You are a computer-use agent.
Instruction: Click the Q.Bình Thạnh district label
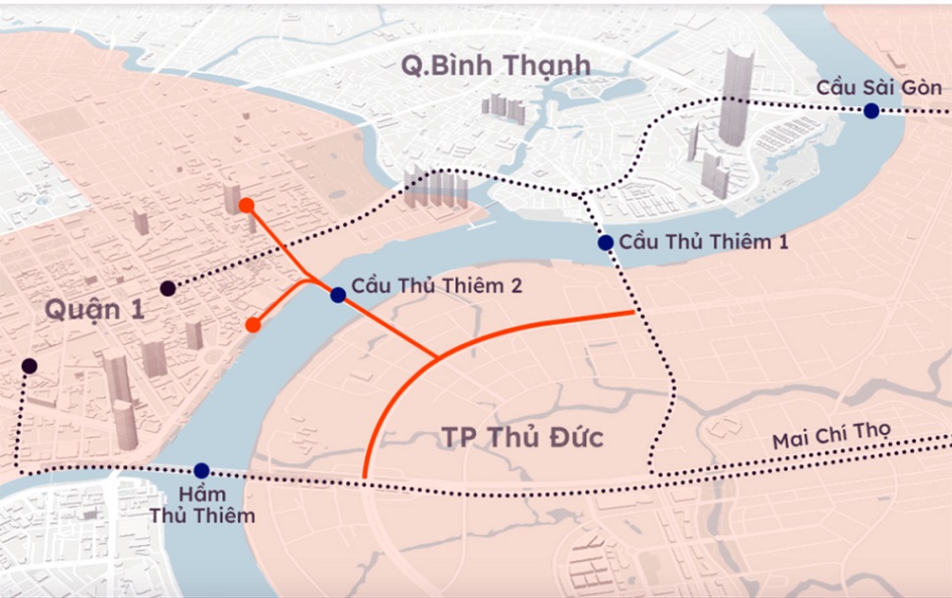(x=495, y=66)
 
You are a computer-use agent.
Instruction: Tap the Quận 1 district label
(x=94, y=310)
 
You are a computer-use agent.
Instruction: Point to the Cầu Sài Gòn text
(x=879, y=88)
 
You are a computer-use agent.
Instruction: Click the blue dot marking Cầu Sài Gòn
(x=871, y=111)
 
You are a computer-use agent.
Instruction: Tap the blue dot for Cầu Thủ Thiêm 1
(x=606, y=243)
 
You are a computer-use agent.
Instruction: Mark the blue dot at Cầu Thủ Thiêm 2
(x=338, y=294)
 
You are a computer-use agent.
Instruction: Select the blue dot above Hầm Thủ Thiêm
(x=202, y=471)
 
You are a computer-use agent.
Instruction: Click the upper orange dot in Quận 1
(x=246, y=205)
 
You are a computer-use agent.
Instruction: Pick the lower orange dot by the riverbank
(x=253, y=326)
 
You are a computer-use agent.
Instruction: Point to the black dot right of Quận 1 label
(x=168, y=288)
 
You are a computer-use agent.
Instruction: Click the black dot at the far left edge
(x=30, y=366)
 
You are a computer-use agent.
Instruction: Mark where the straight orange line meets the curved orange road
(x=438, y=356)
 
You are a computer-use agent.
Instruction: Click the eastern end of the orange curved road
(x=632, y=313)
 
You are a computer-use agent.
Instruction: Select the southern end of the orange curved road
(x=365, y=478)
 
